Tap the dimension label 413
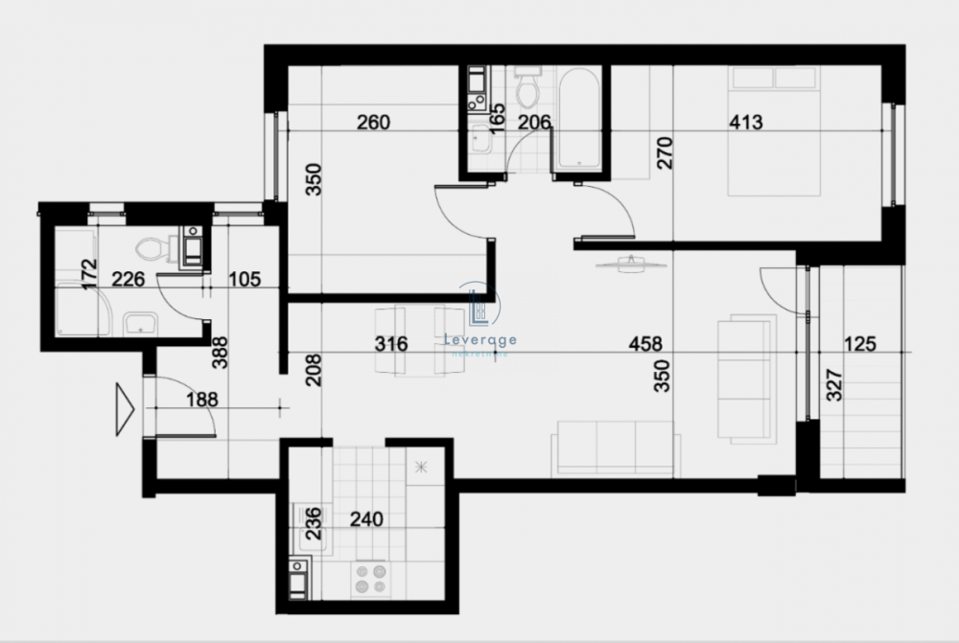pos(746,123)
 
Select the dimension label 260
pos(373,123)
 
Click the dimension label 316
pos(392,344)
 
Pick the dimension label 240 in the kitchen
pos(366,520)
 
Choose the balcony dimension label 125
pos(860,344)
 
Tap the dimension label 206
pos(535,123)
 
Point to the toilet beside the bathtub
pos(526,90)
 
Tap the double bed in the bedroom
pos(773,130)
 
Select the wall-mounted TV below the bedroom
pos(630,263)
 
